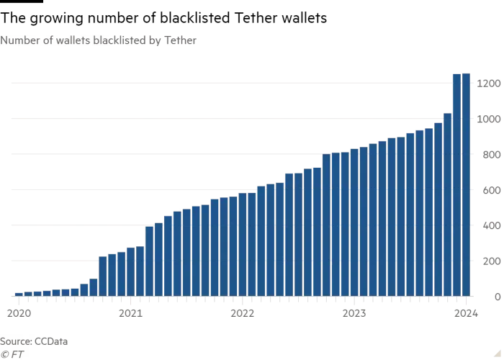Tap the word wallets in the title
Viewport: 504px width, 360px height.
click(66, 41)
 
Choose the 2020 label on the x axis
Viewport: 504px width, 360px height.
click(19, 313)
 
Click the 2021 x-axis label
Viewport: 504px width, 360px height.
click(130, 313)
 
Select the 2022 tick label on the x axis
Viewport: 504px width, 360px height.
click(243, 313)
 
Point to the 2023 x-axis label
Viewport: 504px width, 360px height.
click(354, 313)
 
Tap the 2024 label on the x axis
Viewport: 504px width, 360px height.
click(466, 313)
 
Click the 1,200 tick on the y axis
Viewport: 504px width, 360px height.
click(488, 84)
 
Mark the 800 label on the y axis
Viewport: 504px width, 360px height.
click(490, 155)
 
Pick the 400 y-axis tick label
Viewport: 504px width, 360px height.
click(490, 225)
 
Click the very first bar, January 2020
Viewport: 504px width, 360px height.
click(19, 294)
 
